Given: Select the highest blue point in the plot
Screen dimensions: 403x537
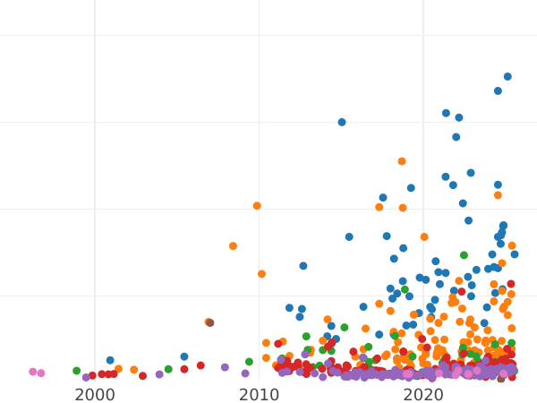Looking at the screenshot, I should click(507, 77).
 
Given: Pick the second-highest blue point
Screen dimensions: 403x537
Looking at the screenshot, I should click(498, 90).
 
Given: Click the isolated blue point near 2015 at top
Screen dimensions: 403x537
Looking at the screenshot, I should click(342, 122).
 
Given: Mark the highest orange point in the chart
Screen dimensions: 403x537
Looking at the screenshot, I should click(402, 161).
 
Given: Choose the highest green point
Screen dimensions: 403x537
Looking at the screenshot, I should click(464, 255).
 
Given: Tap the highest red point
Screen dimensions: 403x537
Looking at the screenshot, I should click(511, 284).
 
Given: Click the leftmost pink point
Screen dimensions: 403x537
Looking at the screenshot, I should click(33, 372).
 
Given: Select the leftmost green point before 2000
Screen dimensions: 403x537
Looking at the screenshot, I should click(76, 371).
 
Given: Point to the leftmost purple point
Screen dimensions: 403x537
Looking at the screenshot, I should click(86, 377).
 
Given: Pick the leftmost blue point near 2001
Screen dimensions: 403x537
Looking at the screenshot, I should click(110, 360).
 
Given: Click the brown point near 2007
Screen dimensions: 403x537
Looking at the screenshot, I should click(209, 322).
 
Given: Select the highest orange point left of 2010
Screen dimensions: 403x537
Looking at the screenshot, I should click(257, 206).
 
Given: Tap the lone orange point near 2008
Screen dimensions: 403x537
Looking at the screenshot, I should click(233, 245).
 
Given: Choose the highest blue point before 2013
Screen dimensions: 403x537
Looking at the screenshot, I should click(303, 266).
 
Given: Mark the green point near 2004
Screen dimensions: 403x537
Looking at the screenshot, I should click(168, 369).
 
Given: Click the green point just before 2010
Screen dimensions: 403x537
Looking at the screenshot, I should click(249, 362).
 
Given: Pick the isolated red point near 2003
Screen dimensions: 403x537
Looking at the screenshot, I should click(142, 376).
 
